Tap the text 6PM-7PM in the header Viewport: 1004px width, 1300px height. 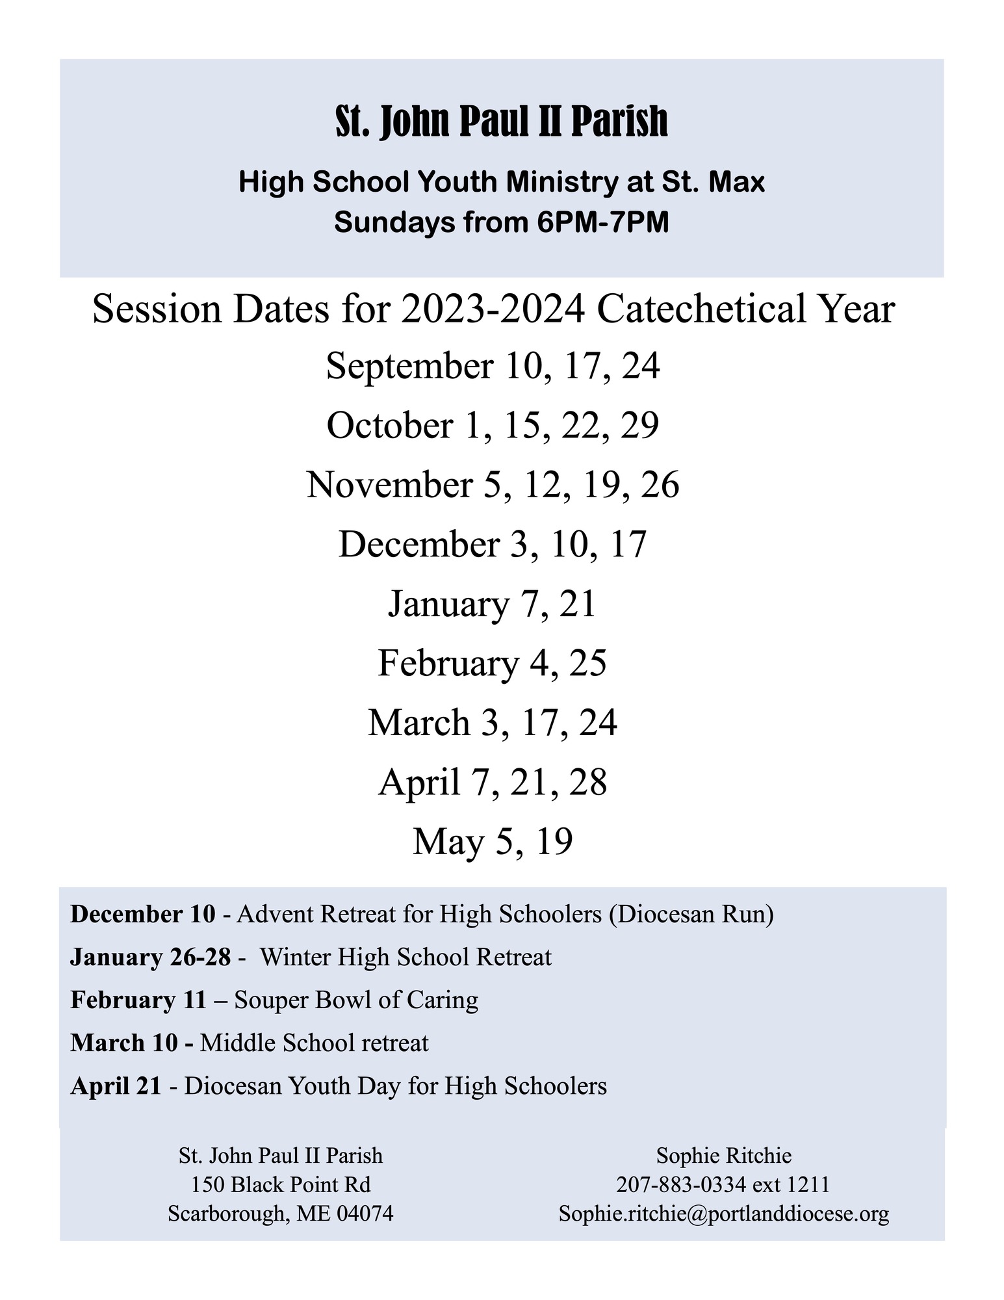click(x=603, y=222)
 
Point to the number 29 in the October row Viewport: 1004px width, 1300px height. click(x=639, y=426)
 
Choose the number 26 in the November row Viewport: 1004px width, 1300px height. click(x=660, y=485)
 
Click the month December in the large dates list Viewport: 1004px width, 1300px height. click(x=418, y=545)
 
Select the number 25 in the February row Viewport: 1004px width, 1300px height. click(x=587, y=664)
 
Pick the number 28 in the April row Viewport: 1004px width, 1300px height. click(x=587, y=783)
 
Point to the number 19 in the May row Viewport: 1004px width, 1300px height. click(x=554, y=842)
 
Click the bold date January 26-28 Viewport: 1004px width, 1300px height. click(x=151, y=957)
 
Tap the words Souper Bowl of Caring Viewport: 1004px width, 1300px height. click(x=356, y=1000)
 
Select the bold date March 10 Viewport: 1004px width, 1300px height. click(x=123, y=1043)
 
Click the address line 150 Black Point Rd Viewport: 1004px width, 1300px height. click(x=281, y=1185)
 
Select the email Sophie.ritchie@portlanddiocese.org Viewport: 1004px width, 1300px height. click(x=723, y=1214)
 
